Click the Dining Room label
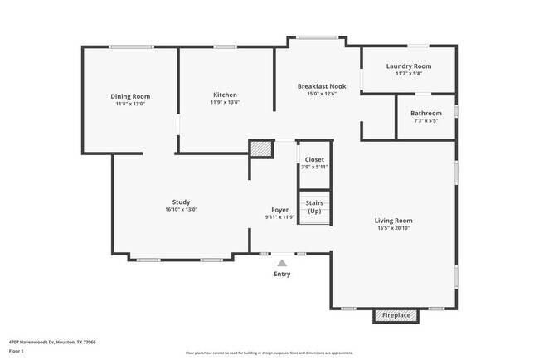(x=130, y=96)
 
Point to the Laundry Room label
(x=409, y=66)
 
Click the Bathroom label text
(x=425, y=113)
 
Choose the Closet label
(x=314, y=159)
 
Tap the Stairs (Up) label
(x=314, y=207)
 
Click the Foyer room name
(x=279, y=210)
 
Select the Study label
(x=181, y=202)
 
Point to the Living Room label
(x=393, y=221)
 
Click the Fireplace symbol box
(x=396, y=315)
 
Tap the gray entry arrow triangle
(x=282, y=263)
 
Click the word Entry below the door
(x=282, y=274)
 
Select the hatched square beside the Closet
(x=261, y=148)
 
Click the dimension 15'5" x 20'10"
(x=393, y=228)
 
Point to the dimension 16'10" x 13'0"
(x=181, y=209)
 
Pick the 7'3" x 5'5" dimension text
(x=425, y=120)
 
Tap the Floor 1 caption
(x=17, y=351)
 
